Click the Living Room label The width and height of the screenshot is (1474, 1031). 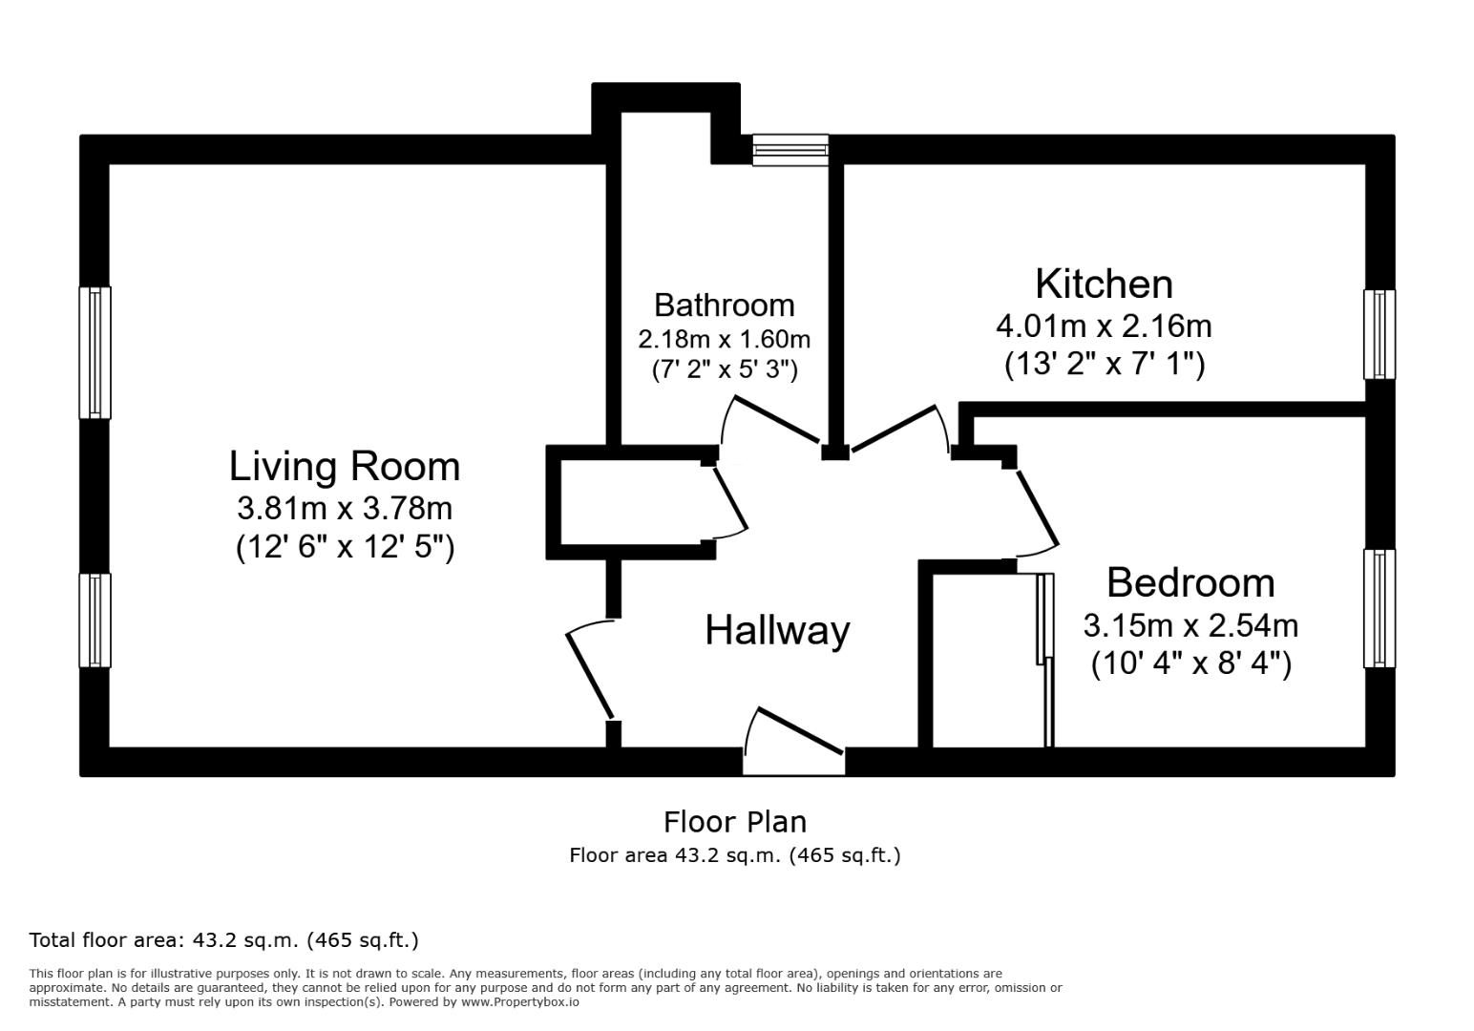point(344,467)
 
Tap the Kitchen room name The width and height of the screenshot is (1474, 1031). point(1105,284)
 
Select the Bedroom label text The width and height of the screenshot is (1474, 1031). point(1190,583)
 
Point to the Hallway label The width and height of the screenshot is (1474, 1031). point(777,630)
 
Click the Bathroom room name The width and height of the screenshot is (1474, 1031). point(725,305)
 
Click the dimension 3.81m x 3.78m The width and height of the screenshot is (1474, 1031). point(344,509)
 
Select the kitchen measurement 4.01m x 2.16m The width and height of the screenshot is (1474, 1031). point(1104,326)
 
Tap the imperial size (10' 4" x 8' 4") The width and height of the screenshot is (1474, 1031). point(1191,663)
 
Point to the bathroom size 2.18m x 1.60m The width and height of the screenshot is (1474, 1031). point(724,340)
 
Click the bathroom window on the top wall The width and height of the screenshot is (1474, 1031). point(790,150)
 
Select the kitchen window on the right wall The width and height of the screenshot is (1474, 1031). point(1379,335)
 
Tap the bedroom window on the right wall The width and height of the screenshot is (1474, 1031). point(1379,609)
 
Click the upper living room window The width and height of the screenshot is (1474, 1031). point(95,352)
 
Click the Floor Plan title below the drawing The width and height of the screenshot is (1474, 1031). point(735,823)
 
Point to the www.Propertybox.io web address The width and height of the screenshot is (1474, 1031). point(520,1002)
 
